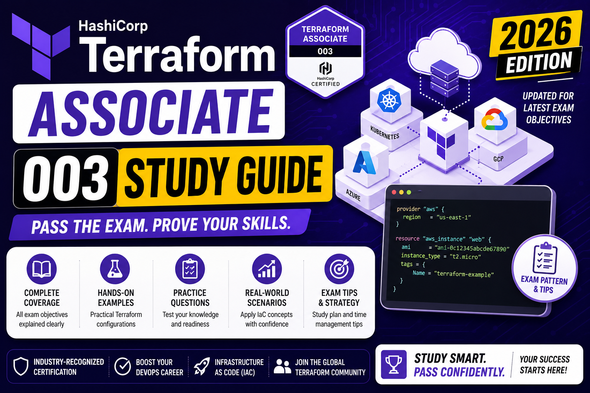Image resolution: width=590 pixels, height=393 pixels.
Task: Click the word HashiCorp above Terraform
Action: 113,26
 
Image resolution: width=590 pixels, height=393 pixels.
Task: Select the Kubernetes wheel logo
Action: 389,100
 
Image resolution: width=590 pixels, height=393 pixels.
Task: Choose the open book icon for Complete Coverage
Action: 41,269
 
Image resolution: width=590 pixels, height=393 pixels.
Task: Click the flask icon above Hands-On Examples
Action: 115,269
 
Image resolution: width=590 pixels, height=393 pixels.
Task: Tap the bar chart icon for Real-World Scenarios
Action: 267,269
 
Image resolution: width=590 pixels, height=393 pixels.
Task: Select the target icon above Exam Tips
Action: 339,269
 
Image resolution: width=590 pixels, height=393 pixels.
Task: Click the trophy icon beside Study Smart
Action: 393,364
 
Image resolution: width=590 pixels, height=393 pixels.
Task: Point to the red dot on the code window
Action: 394,192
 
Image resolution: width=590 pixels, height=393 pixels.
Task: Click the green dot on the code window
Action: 409,192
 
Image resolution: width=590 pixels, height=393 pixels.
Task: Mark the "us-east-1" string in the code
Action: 454,218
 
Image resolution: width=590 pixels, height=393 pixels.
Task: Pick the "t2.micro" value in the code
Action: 465,256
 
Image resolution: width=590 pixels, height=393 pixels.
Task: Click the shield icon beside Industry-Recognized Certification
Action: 21,366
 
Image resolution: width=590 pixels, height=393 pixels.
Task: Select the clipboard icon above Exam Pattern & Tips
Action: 545,258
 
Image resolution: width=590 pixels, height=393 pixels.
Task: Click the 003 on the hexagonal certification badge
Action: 325,51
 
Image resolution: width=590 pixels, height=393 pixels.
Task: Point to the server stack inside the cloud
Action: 444,78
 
